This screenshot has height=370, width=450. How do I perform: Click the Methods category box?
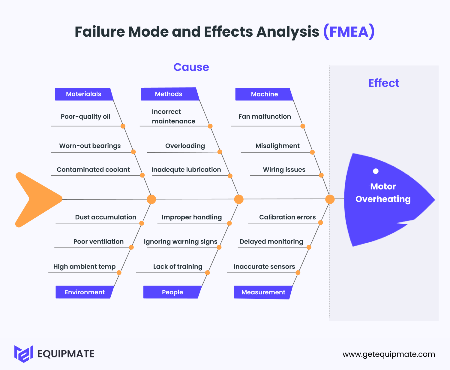tap(169, 94)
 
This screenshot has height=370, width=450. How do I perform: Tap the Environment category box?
tap(84, 292)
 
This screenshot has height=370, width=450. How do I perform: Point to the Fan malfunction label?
tap(265, 117)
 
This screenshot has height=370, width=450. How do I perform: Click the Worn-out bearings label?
tap(90, 146)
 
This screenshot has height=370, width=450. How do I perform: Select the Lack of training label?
tap(178, 267)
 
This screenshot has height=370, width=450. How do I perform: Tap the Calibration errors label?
tap(287, 217)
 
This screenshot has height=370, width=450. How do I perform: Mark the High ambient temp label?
tap(84, 267)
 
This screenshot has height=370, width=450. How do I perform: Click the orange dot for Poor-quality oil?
tap(123, 126)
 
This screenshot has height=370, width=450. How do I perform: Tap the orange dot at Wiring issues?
tap(321, 175)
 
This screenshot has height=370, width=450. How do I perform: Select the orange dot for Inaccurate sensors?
tap(298, 273)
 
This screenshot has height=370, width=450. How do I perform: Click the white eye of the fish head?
tap(376, 171)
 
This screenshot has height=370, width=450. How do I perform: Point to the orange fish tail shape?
tap(36, 199)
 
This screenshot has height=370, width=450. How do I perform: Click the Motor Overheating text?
tap(383, 193)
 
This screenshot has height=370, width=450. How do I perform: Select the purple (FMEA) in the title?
tap(349, 32)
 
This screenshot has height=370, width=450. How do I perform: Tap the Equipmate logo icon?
tap(23, 354)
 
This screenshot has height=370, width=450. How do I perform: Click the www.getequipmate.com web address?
tap(389, 354)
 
